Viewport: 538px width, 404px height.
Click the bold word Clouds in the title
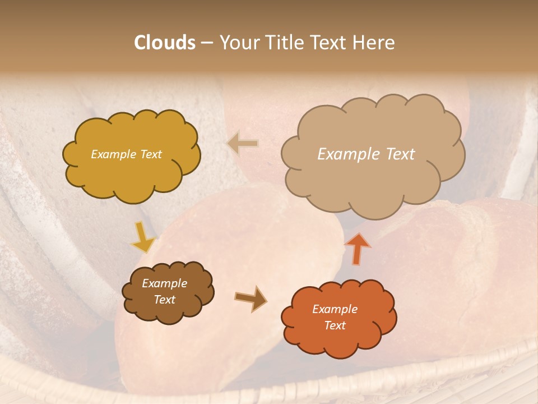pos(165,43)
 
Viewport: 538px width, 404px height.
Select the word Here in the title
pos(374,43)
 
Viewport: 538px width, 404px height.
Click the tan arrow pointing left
pos(243,144)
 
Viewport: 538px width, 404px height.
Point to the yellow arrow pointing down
pos(143,238)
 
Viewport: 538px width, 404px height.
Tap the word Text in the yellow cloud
pos(150,154)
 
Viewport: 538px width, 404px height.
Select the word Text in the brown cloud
pos(164,300)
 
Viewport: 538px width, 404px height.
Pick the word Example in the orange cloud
pos(335,309)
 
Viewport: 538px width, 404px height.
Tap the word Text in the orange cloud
pos(335,325)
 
